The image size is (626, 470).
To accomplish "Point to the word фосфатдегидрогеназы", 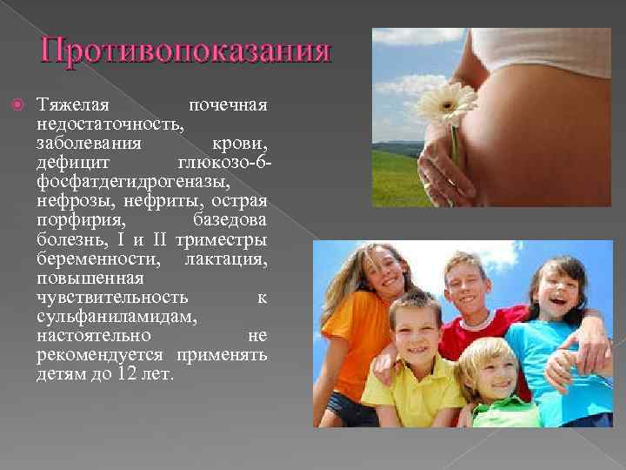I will (134, 182).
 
